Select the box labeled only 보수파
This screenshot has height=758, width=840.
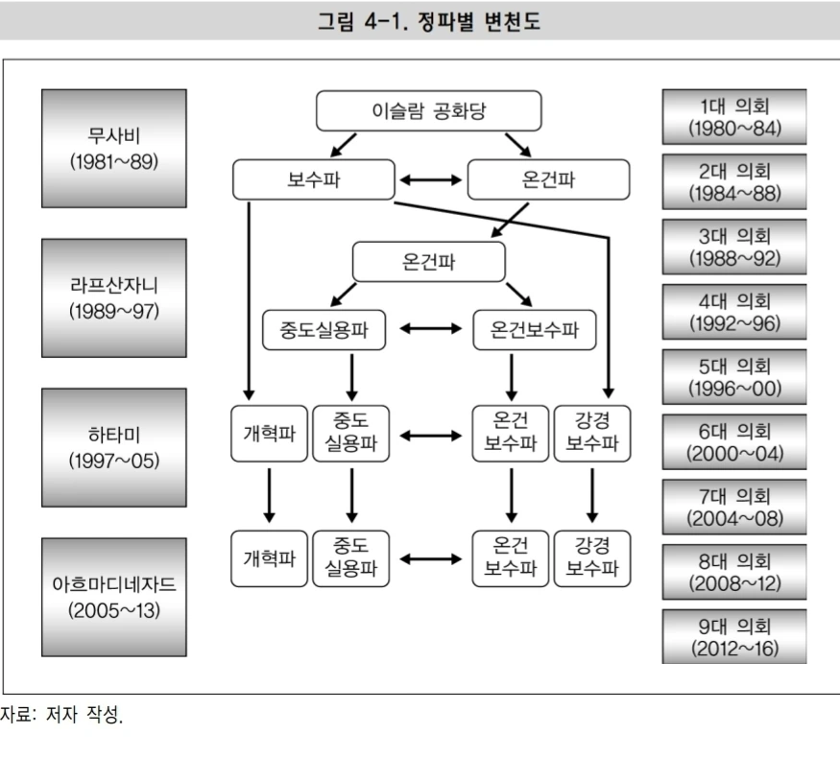(314, 179)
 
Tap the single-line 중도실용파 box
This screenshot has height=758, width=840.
(324, 331)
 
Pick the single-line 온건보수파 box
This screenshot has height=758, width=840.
(535, 331)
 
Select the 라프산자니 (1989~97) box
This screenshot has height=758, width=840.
(114, 297)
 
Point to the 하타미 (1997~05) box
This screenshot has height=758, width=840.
(114, 447)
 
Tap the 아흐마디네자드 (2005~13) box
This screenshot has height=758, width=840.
(114, 597)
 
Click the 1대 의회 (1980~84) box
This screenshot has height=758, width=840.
(734, 116)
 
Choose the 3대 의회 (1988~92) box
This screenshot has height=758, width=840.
(734, 247)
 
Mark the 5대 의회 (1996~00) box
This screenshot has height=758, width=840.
(734, 377)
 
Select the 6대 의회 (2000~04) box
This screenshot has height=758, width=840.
(734, 441)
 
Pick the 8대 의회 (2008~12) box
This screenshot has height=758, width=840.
(734, 572)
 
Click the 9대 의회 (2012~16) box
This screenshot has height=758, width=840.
(734, 637)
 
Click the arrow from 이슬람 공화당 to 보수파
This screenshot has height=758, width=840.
(343, 145)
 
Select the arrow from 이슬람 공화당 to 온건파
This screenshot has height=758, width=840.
(517, 145)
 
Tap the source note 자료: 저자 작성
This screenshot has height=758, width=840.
(61, 714)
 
